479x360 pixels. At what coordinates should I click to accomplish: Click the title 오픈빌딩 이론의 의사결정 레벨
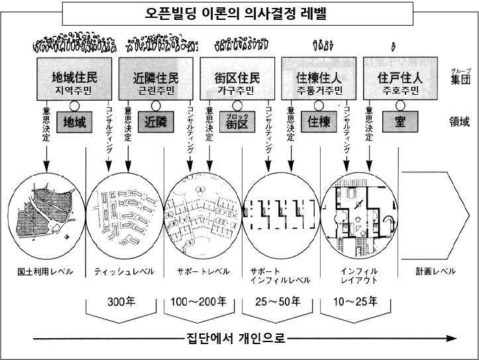click(x=239, y=13)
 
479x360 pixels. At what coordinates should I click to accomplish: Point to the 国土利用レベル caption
click(x=45, y=272)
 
